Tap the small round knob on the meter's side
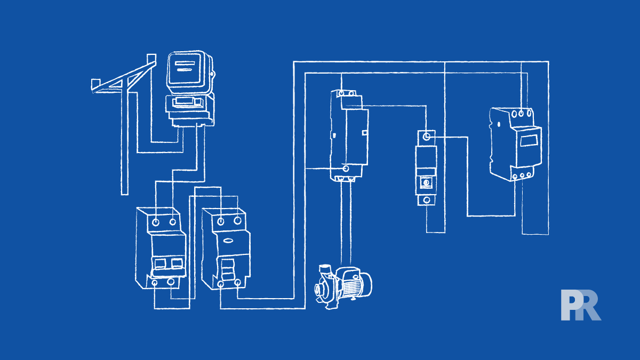[212, 74]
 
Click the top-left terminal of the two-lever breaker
[156, 221]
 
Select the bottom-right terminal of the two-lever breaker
[171, 282]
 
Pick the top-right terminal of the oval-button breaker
[236, 220]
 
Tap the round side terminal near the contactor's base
[346, 169]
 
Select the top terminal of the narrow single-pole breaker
[426, 138]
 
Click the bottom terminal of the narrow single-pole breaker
[426, 200]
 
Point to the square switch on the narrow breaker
[426, 183]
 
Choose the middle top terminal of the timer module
[521, 114]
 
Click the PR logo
[580, 306]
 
